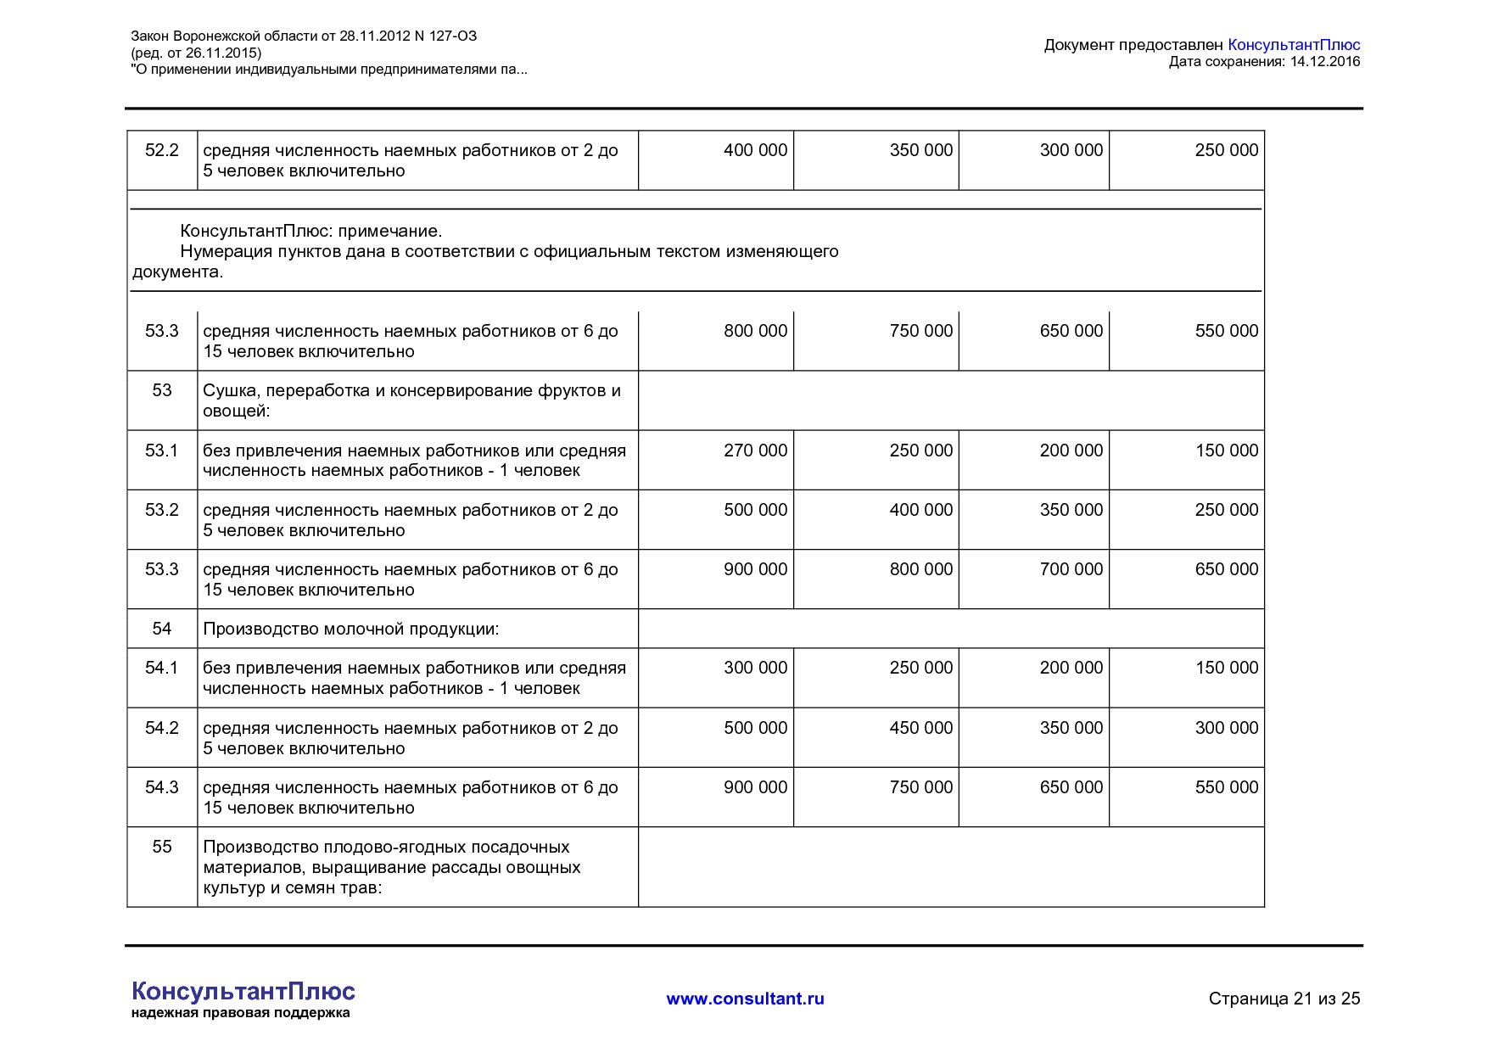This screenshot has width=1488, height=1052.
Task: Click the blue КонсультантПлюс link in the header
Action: point(1293,45)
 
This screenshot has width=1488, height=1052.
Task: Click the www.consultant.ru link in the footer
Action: point(745,999)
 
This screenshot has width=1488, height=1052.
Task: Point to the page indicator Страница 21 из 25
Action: point(1284,999)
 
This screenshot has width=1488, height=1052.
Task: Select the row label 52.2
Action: point(161,150)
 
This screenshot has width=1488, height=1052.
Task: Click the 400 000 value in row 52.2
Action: point(754,150)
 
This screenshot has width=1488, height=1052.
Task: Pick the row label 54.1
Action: point(161,668)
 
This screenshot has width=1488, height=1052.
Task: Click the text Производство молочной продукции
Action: point(350,629)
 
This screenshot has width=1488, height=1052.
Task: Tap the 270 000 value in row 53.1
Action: point(754,450)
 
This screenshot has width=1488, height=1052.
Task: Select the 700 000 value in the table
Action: point(1071,569)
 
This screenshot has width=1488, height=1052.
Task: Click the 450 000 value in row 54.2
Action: point(920,728)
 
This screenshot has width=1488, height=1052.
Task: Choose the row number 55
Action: point(161,847)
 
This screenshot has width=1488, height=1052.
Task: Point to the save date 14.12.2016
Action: point(1324,61)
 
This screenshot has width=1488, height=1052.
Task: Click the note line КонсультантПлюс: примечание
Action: point(310,231)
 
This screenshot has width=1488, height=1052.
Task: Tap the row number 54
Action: point(161,629)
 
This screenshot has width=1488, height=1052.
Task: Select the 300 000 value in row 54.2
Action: point(1226,728)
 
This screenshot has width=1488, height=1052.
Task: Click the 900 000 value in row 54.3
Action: point(754,787)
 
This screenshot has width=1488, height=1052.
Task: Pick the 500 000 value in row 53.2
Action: point(754,510)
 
